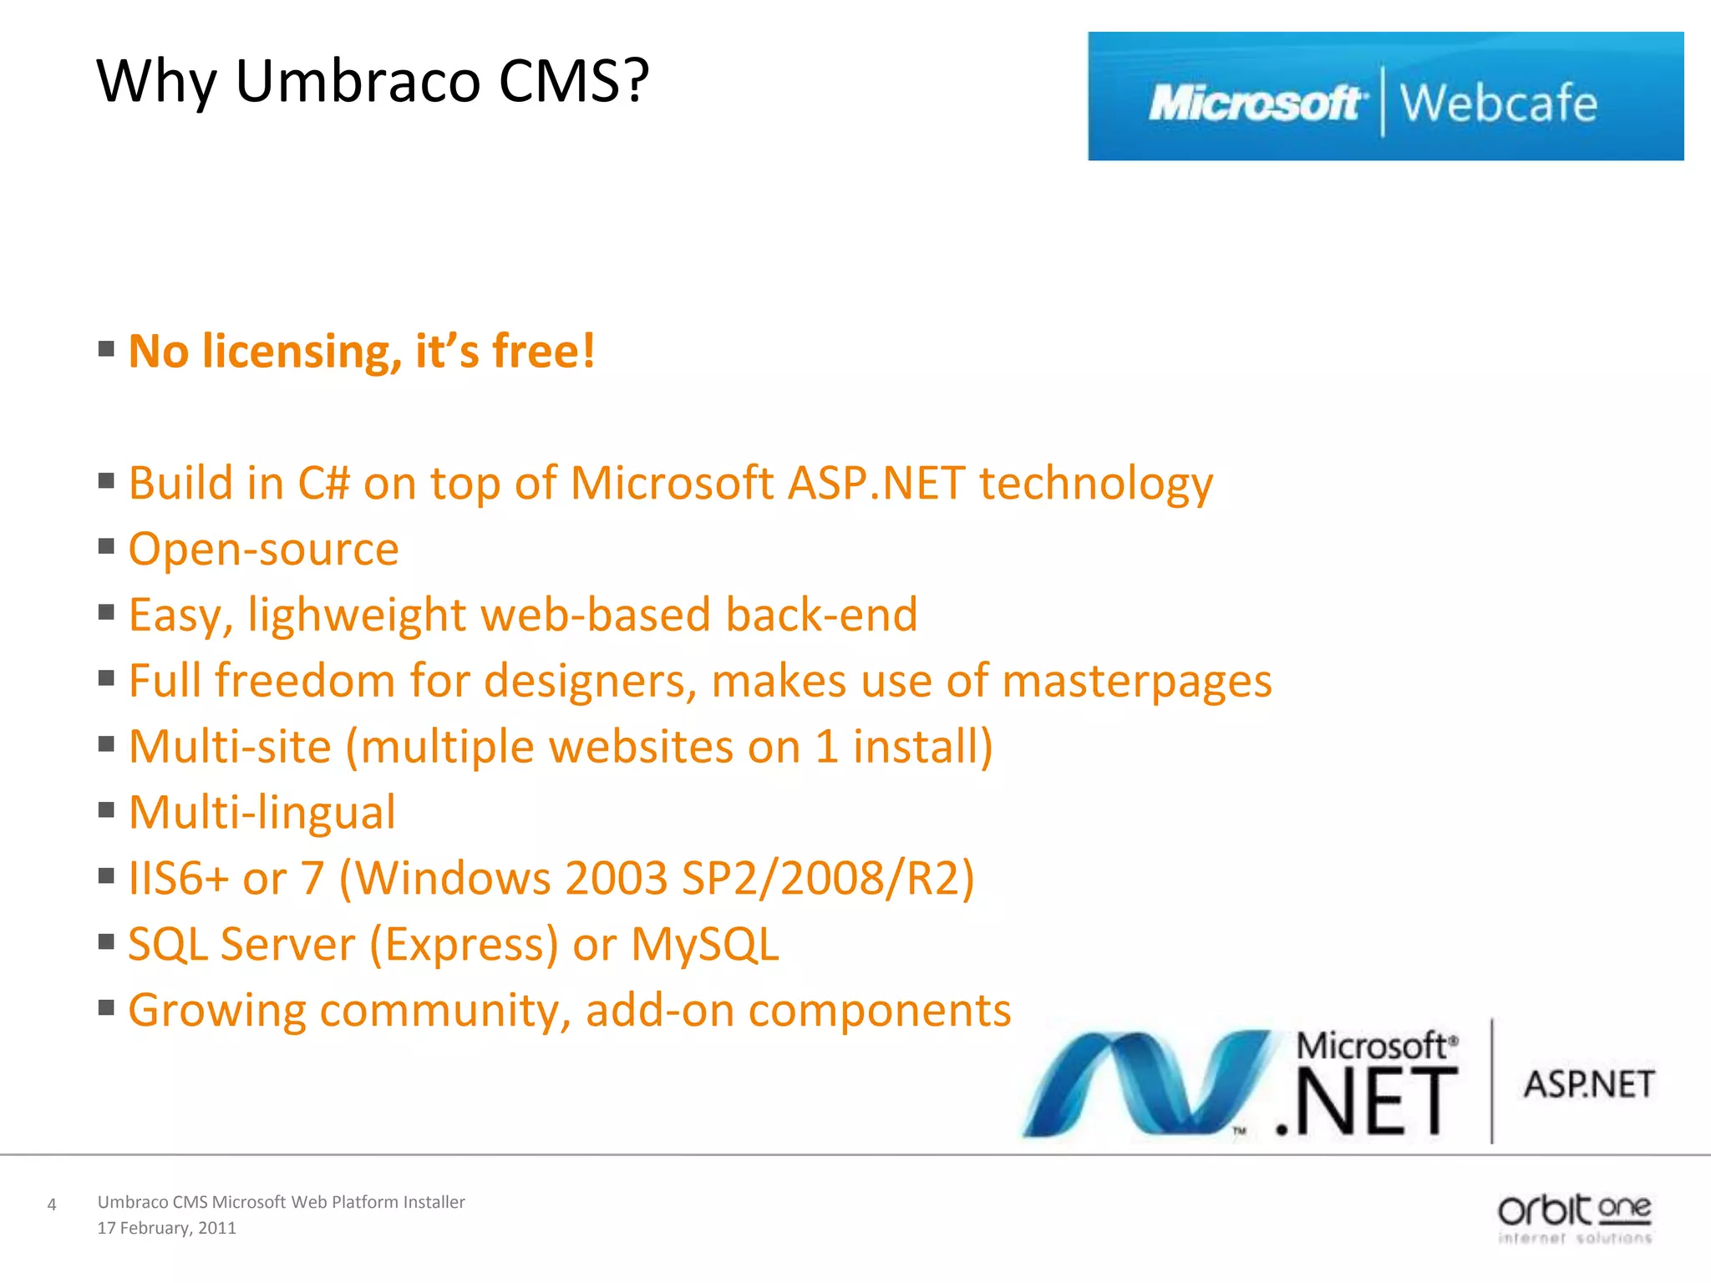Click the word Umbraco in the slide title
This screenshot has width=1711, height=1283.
(358, 81)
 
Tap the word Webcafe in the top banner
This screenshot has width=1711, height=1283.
(1498, 104)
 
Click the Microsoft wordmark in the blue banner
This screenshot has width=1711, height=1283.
(1256, 104)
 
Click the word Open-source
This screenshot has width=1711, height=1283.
(263, 550)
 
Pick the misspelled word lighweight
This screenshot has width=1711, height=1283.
(357, 616)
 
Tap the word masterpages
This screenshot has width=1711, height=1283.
(1136, 682)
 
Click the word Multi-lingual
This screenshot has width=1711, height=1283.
(261, 813)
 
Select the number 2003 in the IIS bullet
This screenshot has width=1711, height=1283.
(616, 879)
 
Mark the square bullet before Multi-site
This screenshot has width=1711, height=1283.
(106, 743)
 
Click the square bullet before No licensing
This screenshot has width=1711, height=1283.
(106, 348)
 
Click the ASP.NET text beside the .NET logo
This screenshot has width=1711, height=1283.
(1588, 1085)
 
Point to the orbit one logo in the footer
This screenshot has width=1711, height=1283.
(1574, 1219)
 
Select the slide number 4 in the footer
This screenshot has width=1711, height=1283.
(52, 1204)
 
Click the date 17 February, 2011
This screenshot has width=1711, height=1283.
(166, 1228)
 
